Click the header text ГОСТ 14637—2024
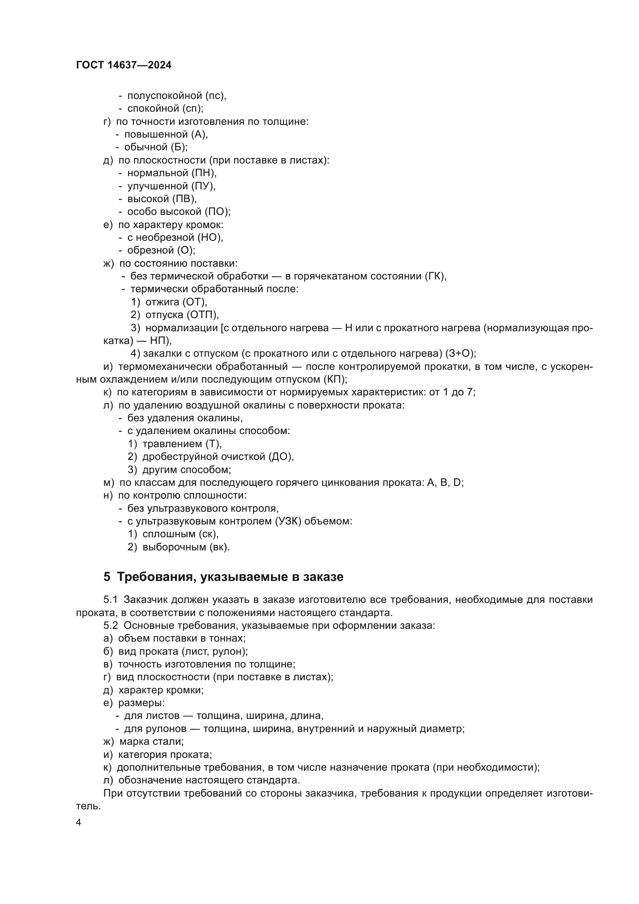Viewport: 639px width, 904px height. click(x=124, y=65)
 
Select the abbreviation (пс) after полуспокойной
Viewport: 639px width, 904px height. click(x=216, y=96)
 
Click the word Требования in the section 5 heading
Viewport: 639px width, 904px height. click(x=155, y=577)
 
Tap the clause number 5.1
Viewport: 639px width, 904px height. click(x=110, y=600)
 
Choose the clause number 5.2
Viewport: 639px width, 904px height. click(x=110, y=626)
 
